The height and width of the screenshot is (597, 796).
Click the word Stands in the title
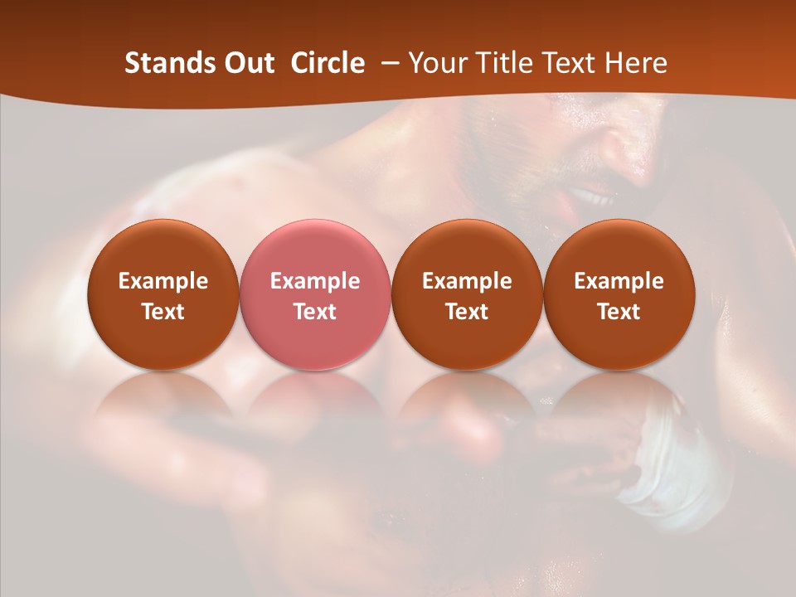tap(169, 63)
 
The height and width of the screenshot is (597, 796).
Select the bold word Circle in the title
tap(328, 63)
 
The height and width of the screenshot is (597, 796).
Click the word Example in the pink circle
tap(315, 281)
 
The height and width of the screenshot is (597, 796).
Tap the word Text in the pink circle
tap(315, 312)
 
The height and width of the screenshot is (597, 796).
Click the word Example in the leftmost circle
tap(163, 281)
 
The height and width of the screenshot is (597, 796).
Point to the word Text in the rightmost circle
tap(619, 312)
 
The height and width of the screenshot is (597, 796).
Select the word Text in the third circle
tap(467, 312)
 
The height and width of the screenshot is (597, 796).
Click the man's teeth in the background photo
tap(591, 197)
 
